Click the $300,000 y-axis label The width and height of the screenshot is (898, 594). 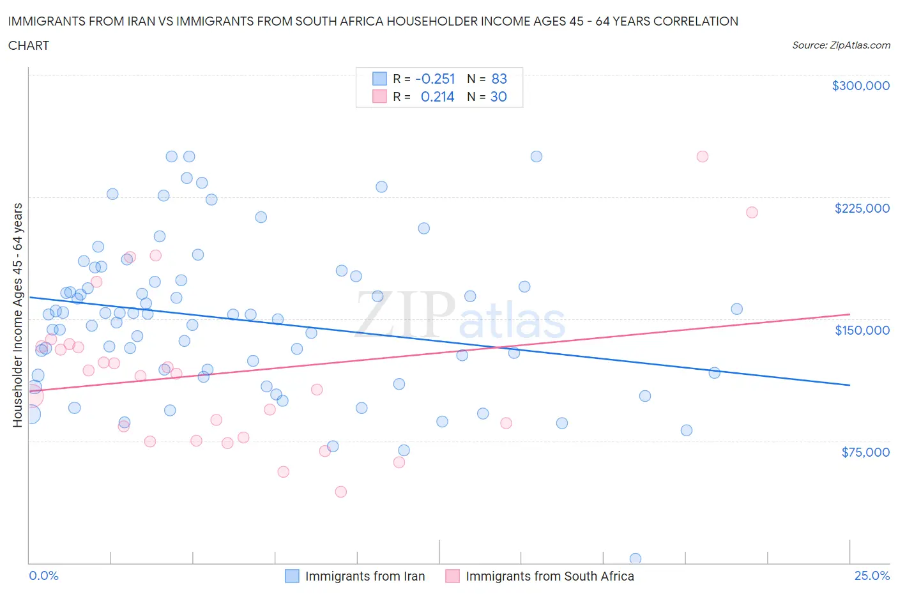click(x=860, y=86)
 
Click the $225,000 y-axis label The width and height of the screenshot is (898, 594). click(x=862, y=208)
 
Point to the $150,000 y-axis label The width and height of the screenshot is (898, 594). click(x=862, y=330)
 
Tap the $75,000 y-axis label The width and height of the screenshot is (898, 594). click(x=865, y=452)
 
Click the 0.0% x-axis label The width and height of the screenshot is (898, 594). click(x=43, y=575)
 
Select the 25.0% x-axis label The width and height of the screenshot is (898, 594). click(x=872, y=575)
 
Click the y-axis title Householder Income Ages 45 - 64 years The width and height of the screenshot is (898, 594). click(x=18, y=315)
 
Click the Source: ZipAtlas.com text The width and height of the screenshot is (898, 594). click(x=841, y=45)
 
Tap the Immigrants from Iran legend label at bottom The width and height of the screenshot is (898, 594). click(x=365, y=576)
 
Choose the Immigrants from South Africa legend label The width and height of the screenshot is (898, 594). click(x=549, y=576)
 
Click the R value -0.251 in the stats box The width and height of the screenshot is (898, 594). click(x=435, y=79)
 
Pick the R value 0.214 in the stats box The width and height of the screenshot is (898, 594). click(x=438, y=96)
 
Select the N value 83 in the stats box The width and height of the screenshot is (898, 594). click(x=499, y=79)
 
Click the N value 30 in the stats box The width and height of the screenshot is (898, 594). click(x=498, y=96)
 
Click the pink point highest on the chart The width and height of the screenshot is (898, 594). click(x=702, y=156)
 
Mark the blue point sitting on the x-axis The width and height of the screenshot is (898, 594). click(x=635, y=559)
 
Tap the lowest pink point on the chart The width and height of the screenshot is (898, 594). click(x=340, y=492)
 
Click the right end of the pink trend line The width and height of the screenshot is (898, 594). click(x=849, y=314)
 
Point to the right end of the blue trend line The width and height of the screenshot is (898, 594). click(x=849, y=385)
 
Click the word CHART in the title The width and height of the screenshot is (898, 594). click(x=29, y=45)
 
